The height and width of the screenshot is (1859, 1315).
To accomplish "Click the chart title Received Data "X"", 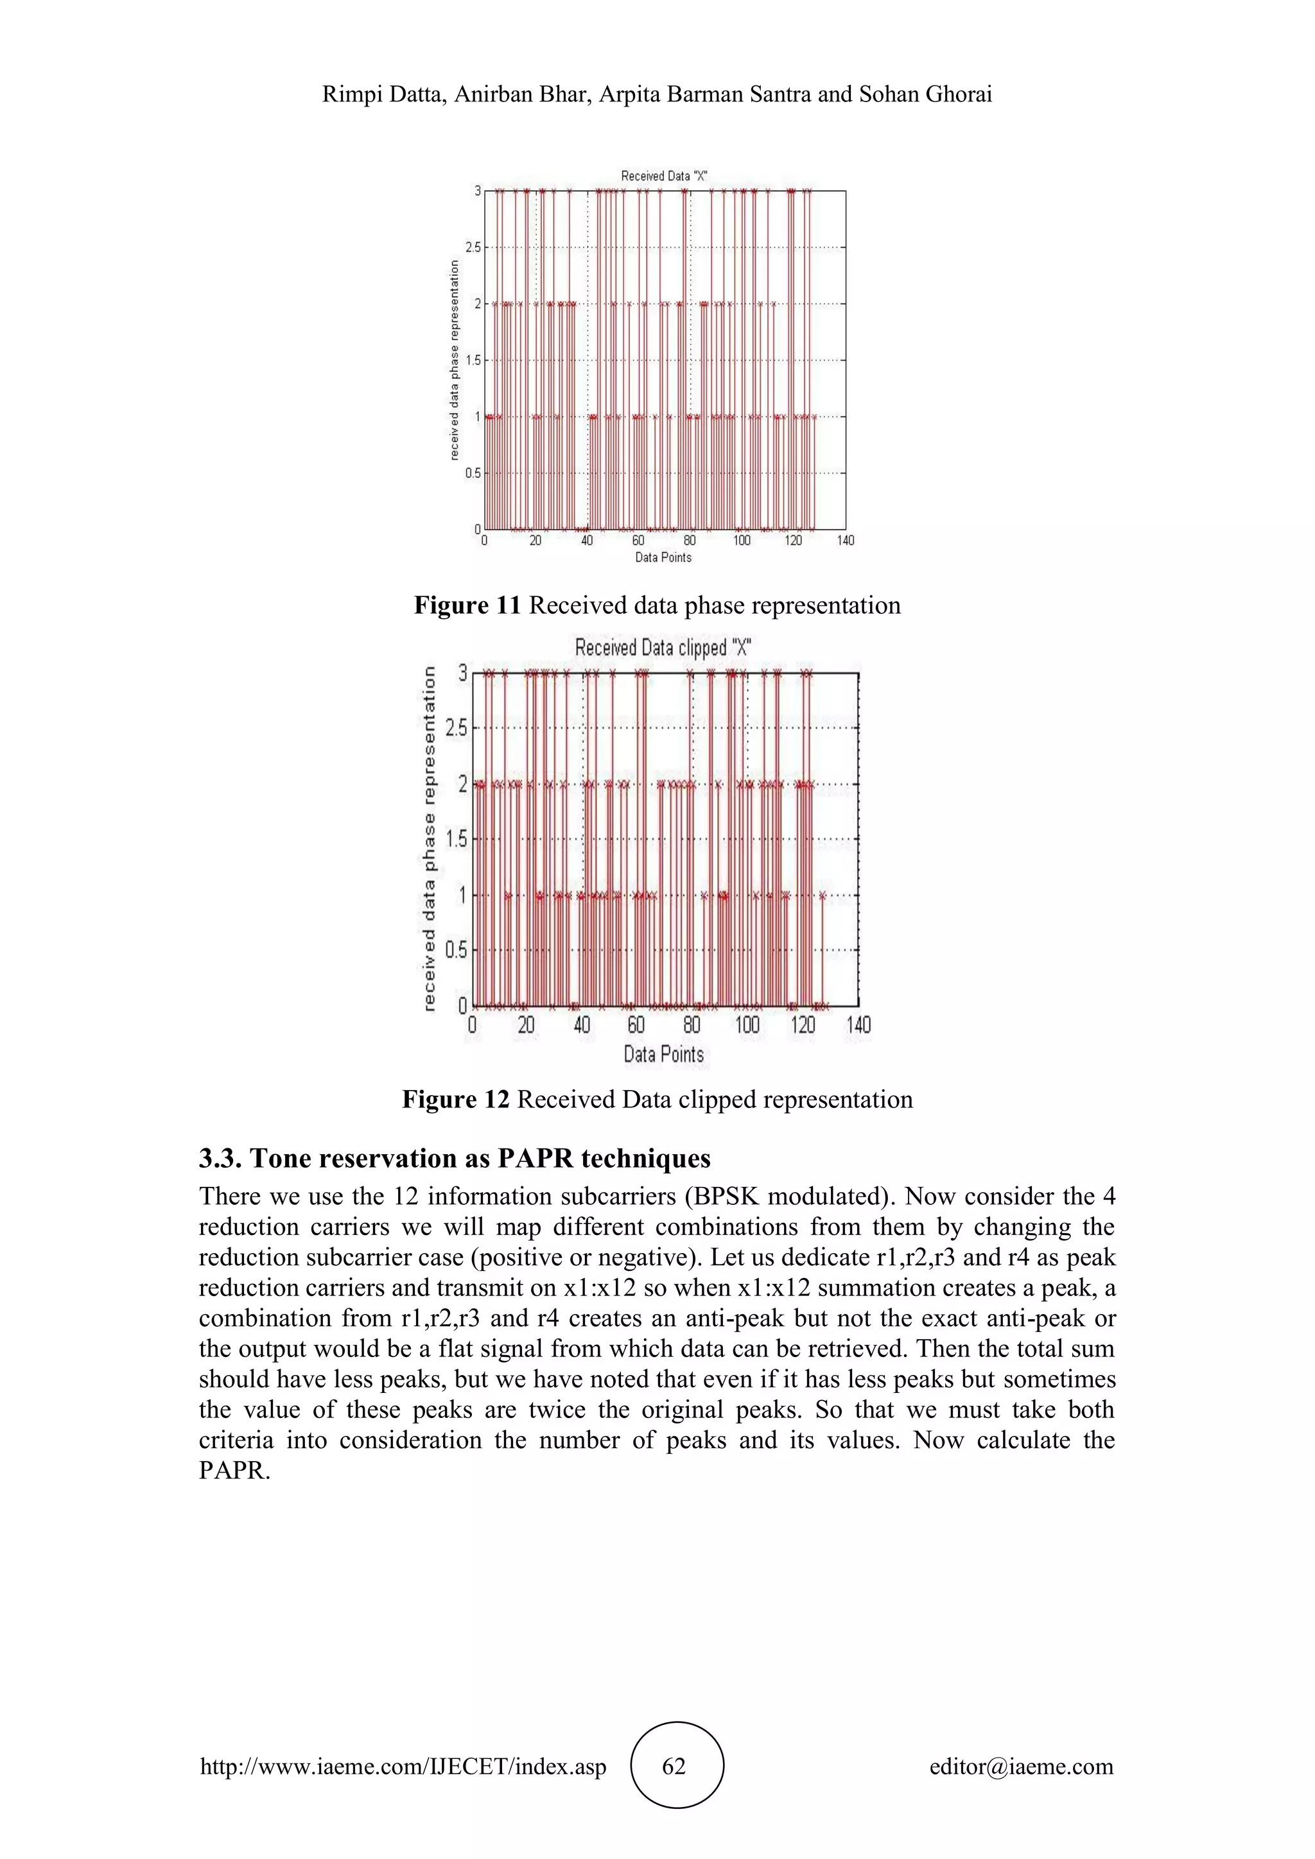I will click(664, 176).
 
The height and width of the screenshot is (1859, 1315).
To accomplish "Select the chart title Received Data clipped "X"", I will click(663, 648).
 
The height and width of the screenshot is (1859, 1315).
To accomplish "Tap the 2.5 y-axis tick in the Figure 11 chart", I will click(473, 248).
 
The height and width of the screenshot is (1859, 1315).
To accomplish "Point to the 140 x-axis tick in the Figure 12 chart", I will click(858, 1026).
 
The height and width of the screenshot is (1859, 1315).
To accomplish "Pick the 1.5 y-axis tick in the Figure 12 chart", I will click(457, 840).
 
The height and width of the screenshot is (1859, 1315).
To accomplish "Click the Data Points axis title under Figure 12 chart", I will click(663, 1054).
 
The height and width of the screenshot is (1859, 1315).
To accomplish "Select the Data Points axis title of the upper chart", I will click(663, 557).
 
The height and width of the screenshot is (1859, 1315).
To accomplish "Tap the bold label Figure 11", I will click(467, 605).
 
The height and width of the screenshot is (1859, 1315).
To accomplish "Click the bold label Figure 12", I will click(456, 1100).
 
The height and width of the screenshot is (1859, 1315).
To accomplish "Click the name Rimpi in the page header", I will click(348, 95).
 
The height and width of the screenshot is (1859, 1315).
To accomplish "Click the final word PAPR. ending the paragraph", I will click(234, 1471).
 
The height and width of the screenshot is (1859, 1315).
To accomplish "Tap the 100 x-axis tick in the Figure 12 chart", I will click(747, 1026).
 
